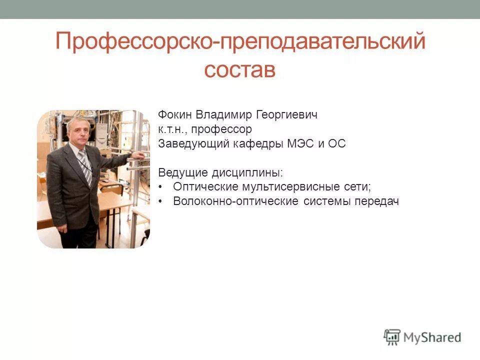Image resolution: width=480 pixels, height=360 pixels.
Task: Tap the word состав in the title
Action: (240, 70)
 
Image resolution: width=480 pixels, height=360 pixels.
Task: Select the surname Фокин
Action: (174, 115)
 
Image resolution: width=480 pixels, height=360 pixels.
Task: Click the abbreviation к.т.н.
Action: (172, 129)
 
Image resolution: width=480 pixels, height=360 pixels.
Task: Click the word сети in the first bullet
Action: (358, 187)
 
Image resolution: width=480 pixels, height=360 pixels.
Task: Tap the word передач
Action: (377, 201)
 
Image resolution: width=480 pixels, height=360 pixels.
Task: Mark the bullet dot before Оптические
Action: (160, 187)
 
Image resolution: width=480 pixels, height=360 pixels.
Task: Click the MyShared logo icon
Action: (392, 337)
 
